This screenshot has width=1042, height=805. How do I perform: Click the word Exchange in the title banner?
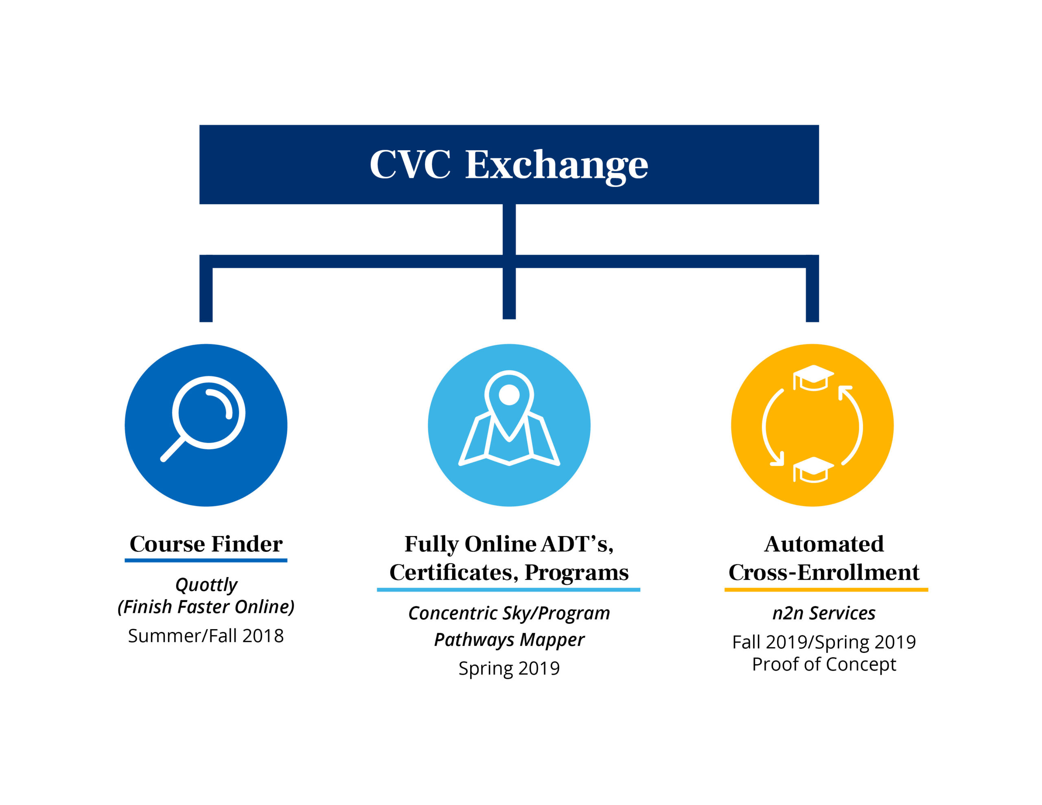[556, 165]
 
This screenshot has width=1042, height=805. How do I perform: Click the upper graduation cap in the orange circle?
[813, 377]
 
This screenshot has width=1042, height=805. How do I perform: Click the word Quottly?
[206, 584]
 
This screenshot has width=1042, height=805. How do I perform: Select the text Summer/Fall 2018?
[206, 636]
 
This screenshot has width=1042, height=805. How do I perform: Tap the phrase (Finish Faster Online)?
[206, 607]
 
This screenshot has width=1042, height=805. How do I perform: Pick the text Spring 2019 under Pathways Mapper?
[509, 668]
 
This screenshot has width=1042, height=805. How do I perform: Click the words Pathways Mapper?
[509, 639]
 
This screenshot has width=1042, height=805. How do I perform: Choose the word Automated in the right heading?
[824, 544]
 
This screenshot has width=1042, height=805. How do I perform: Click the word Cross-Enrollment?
[824, 572]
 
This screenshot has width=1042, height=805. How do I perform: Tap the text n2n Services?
[824, 613]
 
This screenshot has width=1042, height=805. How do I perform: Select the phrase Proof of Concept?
[824, 664]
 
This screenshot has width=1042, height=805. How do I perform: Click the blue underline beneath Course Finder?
[206, 560]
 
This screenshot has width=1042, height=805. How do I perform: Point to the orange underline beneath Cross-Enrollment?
[826, 590]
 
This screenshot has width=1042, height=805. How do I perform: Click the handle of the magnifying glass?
[173, 449]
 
